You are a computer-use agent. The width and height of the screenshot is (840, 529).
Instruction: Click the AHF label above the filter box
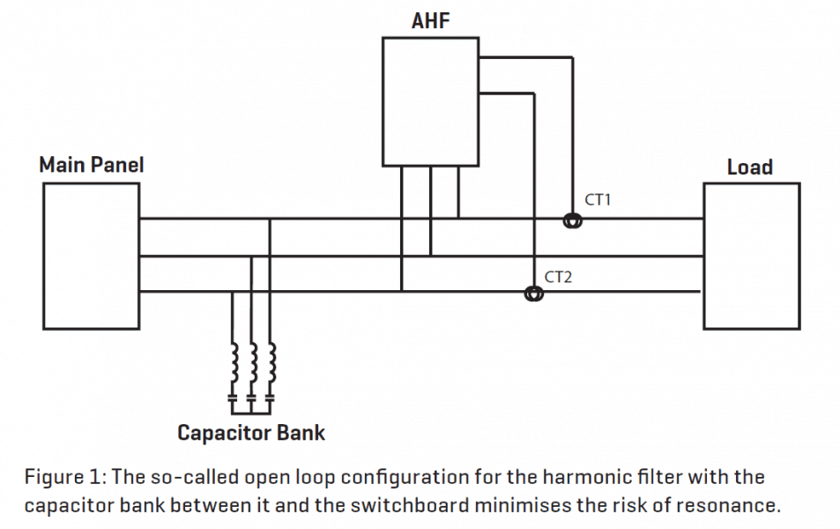[x=430, y=20]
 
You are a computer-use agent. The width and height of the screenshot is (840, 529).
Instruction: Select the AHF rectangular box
[x=430, y=101]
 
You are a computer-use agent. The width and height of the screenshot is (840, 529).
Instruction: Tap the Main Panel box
[x=91, y=256]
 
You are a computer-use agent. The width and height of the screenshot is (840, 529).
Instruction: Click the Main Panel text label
[x=91, y=165]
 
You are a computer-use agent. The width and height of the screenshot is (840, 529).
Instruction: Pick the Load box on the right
[x=751, y=256]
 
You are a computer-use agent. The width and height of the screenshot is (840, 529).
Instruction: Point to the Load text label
[x=749, y=167]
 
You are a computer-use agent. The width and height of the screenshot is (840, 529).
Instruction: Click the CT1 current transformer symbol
[x=573, y=220]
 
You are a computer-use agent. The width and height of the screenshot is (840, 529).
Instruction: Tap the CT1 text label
[x=598, y=200]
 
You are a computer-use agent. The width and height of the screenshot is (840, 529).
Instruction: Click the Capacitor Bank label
[x=251, y=433]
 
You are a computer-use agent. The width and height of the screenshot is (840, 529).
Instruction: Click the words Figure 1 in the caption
[x=60, y=477]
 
